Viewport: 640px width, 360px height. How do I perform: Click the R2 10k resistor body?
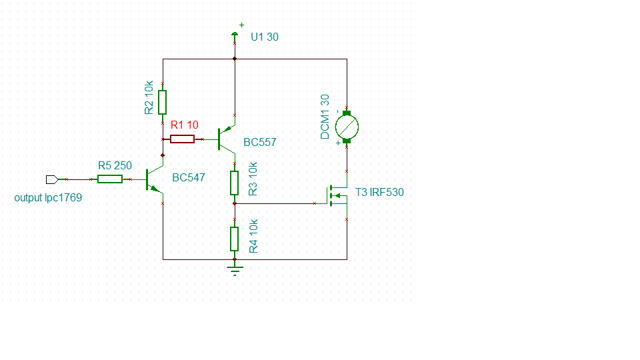(x=163, y=102)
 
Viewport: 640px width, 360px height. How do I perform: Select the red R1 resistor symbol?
(x=182, y=139)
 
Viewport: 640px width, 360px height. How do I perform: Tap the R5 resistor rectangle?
(x=110, y=179)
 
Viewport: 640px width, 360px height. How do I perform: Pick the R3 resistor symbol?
(x=234, y=183)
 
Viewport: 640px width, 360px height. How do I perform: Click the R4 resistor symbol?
(x=234, y=239)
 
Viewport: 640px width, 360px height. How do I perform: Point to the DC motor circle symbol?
(x=347, y=127)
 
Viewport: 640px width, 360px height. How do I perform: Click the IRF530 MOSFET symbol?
(x=339, y=195)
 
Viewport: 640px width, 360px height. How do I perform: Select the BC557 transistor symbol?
(x=227, y=139)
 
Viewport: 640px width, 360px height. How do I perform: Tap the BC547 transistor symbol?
(x=155, y=179)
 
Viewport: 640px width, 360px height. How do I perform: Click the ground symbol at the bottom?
(x=235, y=269)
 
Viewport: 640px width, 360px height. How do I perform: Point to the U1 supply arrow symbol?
(x=235, y=36)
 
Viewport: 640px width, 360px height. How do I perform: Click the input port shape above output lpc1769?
(x=52, y=179)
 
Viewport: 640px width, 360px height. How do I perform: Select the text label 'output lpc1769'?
(x=48, y=198)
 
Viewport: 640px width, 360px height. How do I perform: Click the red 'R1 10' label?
(x=185, y=125)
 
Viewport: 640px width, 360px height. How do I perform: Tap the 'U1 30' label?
(x=265, y=37)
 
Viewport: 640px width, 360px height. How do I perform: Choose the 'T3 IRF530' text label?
(x=379, y=192)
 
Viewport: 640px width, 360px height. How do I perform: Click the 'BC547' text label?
(x=189, y=177)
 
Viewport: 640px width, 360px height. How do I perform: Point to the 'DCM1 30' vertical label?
(x=325, y=117)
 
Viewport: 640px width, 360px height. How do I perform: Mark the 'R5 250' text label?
(x=115, y=165)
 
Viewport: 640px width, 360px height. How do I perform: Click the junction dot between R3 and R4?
(x=235, y=203)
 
